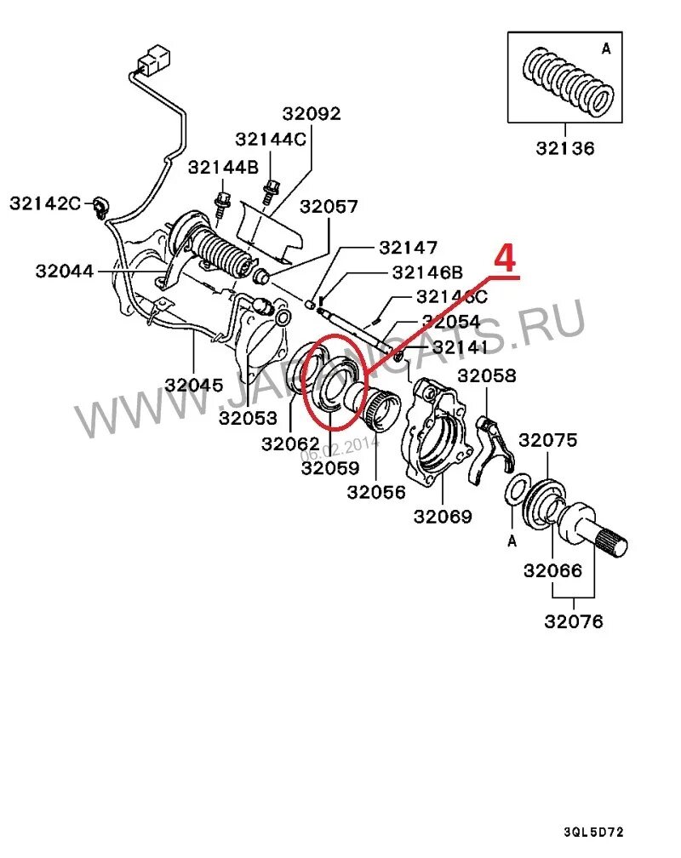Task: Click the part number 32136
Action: click(565, 147)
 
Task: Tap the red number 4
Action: click(506, 259)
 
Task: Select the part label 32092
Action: click(311, 113)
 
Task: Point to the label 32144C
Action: click(271, 139)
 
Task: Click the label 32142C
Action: click(45, 203)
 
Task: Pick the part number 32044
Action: click(66, 271)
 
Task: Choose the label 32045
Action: click(194, 384)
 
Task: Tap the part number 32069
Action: click(443, 516)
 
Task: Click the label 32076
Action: click(574, 621)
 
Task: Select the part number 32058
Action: click(486, 375)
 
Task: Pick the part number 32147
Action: click(408, 248)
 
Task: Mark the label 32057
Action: click(329, 207)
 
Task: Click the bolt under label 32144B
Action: click(224, 202)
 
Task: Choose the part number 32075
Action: click(548, 440)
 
